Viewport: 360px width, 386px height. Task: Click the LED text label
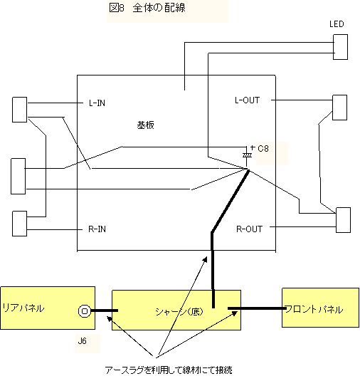pos(337,24)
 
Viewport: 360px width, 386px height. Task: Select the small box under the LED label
pos(340,47)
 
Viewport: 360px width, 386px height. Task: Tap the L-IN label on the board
pos(97,103)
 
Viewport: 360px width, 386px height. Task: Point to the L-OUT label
pos(247,100)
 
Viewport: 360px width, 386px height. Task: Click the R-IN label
pos(97,229)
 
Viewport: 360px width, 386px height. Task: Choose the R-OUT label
pos(249,229)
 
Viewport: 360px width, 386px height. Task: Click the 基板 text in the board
pos(146,125)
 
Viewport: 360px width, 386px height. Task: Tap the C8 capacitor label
pos(263,148)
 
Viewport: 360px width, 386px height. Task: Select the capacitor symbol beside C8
pos(248,155)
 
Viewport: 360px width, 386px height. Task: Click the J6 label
pos(82,341)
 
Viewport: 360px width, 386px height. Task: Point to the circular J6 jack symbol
pos(85,311)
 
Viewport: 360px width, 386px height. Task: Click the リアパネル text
pos(23,308)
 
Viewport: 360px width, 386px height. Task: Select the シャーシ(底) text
pos(179,312)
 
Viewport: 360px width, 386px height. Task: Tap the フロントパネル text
pos(314,309)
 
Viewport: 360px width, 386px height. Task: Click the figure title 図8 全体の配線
pos(147,8)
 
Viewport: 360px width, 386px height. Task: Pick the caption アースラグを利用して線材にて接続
pos(169,370)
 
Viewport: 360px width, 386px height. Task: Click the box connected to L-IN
pos(20,110)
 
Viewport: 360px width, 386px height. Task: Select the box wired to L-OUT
pos(340,108)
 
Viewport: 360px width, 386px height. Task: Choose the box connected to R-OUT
pos(343,220)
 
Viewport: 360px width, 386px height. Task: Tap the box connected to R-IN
pos(20,224)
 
